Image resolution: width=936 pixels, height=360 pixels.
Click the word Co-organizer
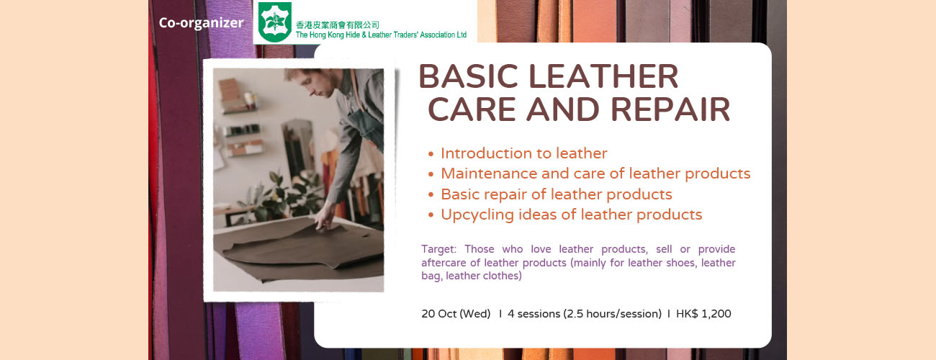[201, 23]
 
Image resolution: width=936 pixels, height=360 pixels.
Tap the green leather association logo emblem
[274, 22]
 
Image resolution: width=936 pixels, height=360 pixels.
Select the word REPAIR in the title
[670, 109]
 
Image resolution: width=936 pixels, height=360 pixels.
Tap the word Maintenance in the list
[489, 174]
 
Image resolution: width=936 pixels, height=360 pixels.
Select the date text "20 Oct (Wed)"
[456, 314]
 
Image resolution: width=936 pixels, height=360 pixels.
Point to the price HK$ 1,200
[703, 314]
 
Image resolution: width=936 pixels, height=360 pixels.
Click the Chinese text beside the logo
[337, 25]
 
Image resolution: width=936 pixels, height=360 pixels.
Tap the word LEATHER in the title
[604, 76]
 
